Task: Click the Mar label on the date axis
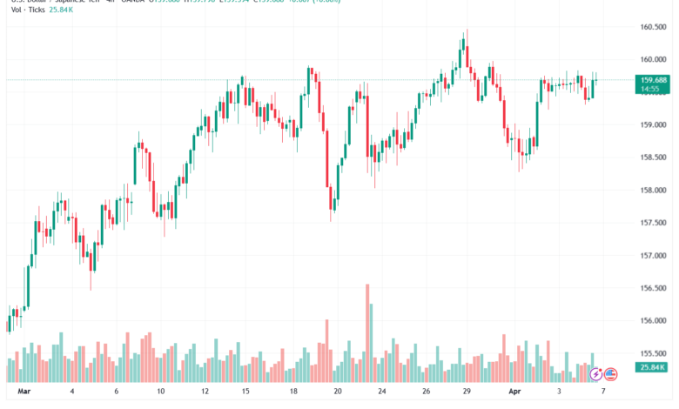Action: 24,392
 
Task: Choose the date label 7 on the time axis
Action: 602,392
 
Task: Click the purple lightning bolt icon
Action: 595,374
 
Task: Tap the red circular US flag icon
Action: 610,374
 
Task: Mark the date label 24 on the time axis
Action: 380,392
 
